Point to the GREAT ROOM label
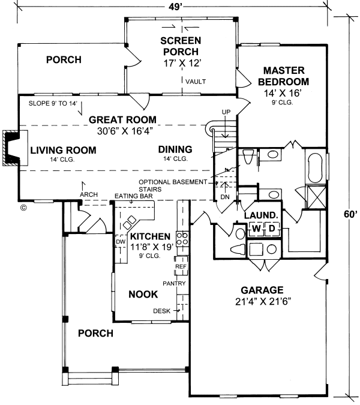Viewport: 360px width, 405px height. pos(122,119)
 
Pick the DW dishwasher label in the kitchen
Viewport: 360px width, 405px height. pos(119,242)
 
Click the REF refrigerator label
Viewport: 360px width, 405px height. pos(181,266)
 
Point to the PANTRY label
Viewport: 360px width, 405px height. pos(174,283)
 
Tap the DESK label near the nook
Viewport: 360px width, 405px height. pos(162,311)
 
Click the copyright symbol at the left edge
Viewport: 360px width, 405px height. pos(23,208)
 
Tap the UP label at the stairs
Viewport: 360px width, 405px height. pos(226,112)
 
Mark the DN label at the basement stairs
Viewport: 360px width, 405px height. pos(225,197)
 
